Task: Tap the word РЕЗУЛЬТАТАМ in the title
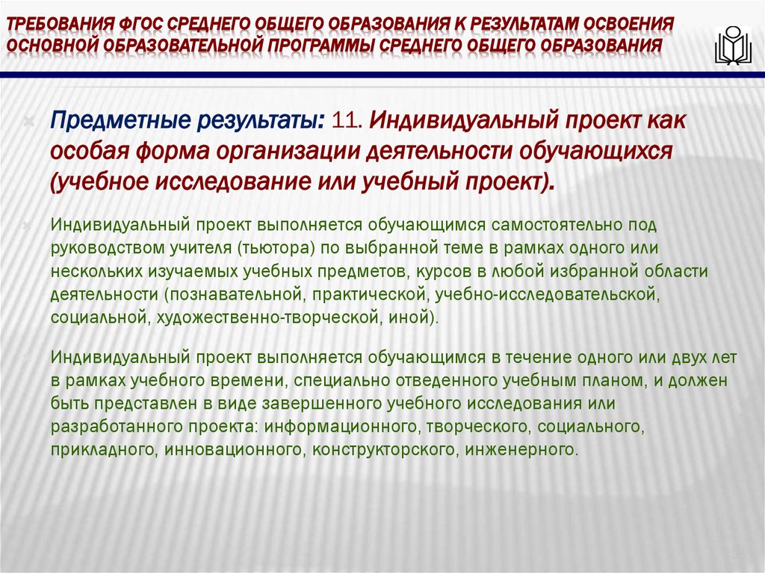tap(509, 22)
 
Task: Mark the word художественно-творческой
tap(264, 317)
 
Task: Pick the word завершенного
tap(322, 404)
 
